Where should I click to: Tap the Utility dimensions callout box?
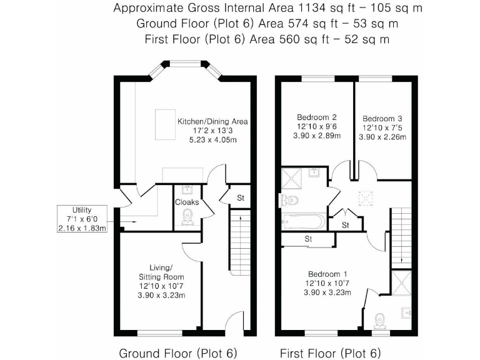(x=81, y=218)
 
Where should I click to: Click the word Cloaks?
(x=187, y=202)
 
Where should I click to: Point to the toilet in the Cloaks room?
(x=187, y=216)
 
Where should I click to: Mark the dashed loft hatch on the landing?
(x=364, y=199)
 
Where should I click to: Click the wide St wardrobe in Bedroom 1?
(x=307, y=239)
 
